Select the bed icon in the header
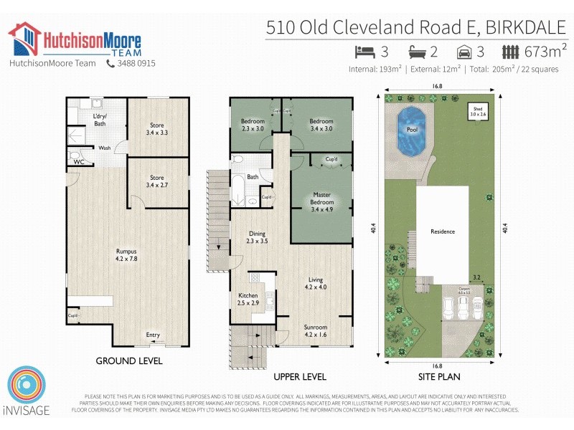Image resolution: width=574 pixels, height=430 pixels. (x=365, y=52)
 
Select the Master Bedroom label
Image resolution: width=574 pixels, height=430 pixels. (x=322, y=198)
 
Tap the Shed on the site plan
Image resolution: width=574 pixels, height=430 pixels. (x=478, y=113)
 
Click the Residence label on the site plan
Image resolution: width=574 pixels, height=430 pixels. (x=443, y=231)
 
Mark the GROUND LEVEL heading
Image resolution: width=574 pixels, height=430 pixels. (x=129, y=360)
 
